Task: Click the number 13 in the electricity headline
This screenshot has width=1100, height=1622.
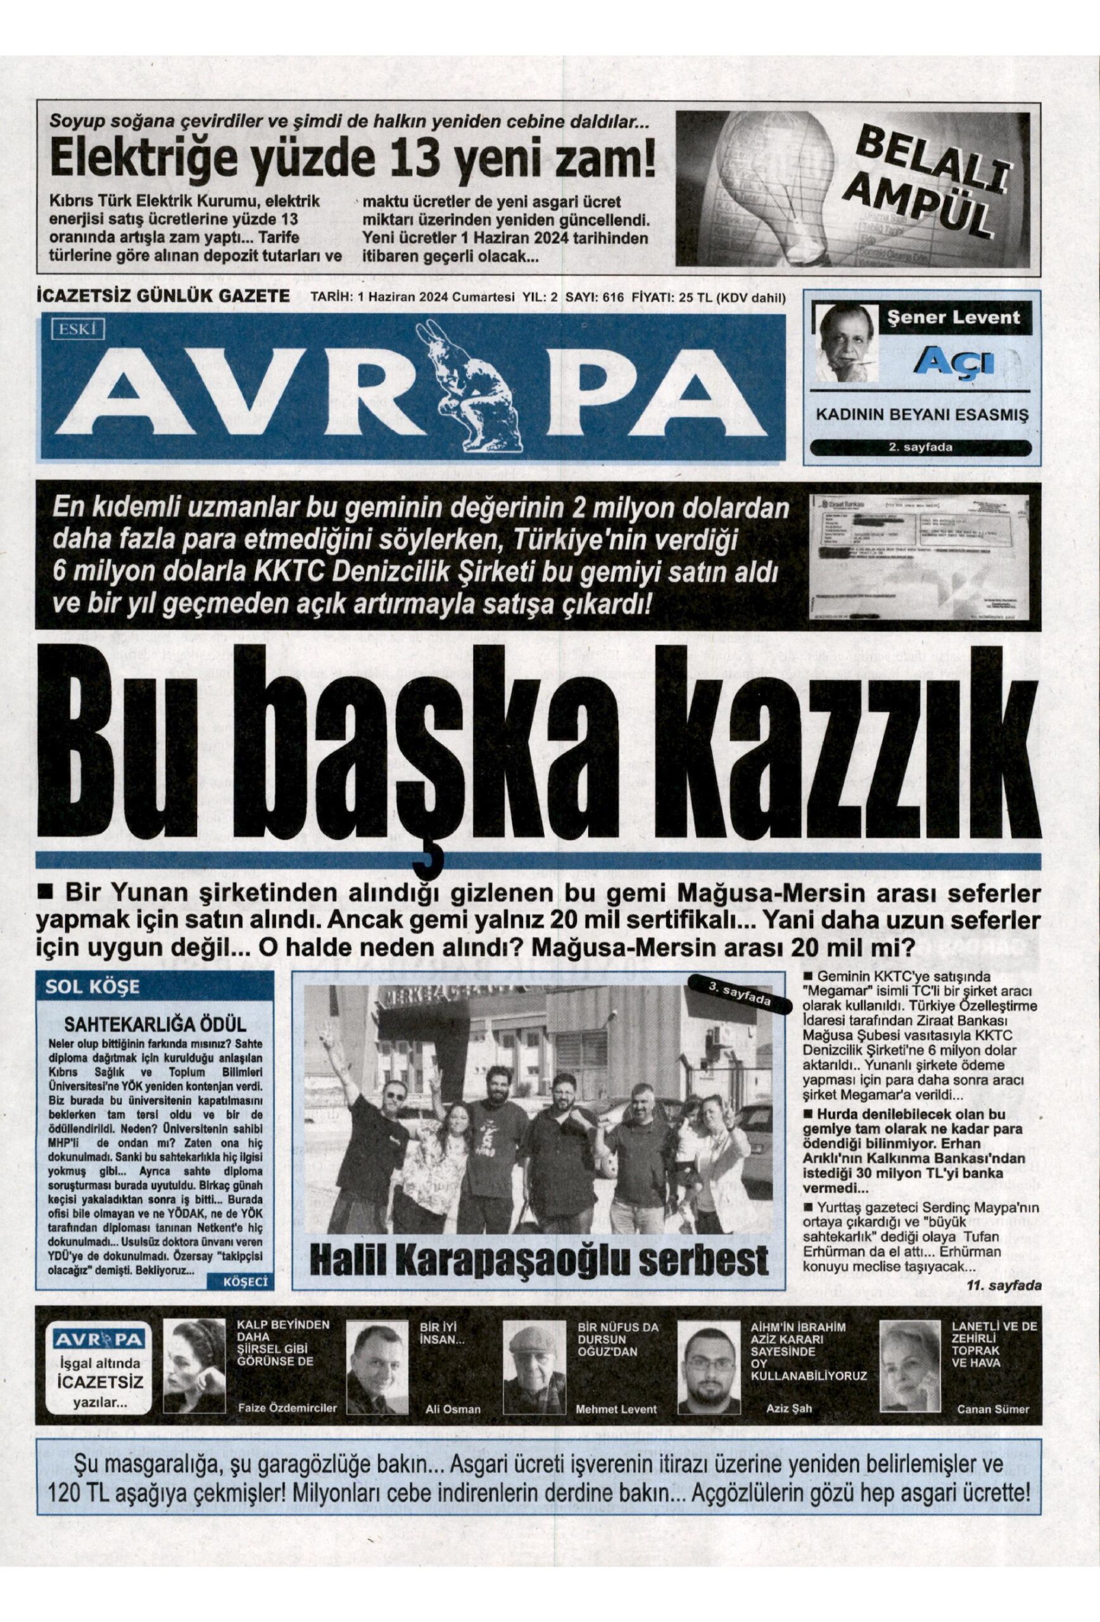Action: (x=415, y=161)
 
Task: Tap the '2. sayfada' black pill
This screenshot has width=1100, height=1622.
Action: (x=920, y=448)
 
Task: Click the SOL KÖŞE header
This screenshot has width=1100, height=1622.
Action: (x=83, y=988)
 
